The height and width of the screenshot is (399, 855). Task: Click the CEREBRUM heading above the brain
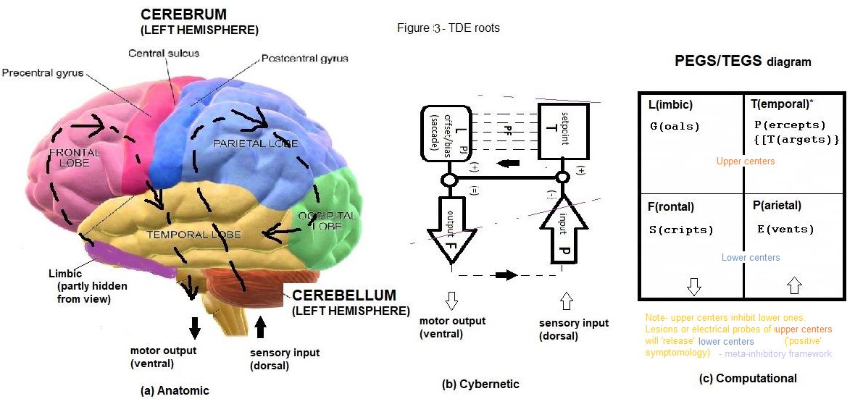click(x=184, y=15)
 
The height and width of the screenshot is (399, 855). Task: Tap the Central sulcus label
click(x=163, y=53)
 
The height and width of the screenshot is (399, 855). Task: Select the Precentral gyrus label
click(x=43, y=73)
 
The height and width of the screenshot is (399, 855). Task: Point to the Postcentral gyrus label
click(x=304, y=58)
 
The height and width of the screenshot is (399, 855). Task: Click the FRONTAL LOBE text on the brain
click(x=70, y=158)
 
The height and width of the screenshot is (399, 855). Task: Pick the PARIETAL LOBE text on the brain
click(x=255, y=143)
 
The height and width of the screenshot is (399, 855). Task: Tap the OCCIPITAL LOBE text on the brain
click(x=327, y=221)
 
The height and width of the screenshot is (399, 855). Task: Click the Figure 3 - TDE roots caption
click(x=448, y=28)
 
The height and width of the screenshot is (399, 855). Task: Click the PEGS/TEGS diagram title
click(x=742, y=62)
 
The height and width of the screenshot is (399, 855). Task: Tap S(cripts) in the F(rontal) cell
click(x=680, y=230)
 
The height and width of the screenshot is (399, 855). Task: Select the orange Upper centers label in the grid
click(x=745, y=161)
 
